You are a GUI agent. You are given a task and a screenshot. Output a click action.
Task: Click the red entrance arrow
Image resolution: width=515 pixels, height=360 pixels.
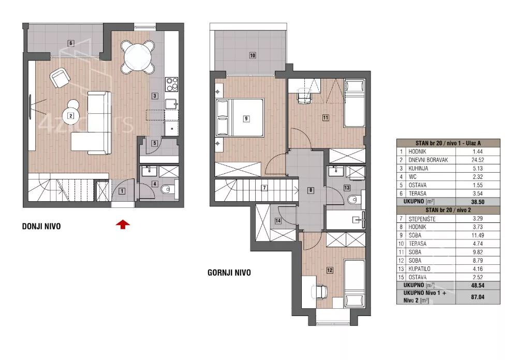[x=123, y=224]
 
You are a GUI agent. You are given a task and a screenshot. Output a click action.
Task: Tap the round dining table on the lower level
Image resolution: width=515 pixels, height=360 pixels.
[x=138, y=56]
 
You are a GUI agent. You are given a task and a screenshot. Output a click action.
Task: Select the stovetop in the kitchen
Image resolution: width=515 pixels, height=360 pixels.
[x=171, y=84]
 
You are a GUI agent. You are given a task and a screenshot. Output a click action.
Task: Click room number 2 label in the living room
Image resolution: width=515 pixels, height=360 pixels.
[x=70, y=115]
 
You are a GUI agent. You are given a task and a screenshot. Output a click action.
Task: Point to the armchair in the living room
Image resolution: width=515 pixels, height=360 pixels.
[x=60, y=78]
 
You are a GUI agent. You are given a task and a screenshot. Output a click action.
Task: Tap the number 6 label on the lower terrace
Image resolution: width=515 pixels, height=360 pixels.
[x=70, y=43]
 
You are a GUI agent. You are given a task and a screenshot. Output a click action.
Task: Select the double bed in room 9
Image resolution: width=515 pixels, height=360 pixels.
[x=240, y=117]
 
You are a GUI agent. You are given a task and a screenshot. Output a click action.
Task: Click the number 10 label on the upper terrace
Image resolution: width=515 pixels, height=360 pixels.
[x=252, y=55]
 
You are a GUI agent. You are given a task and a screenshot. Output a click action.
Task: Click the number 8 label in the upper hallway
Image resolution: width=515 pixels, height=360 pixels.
[x=311, y=190]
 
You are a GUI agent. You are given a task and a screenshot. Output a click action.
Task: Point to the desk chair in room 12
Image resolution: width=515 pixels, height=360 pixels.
[x=319, y=291]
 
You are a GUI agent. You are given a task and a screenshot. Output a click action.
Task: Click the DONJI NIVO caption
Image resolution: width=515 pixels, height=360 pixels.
[x=41, y=226]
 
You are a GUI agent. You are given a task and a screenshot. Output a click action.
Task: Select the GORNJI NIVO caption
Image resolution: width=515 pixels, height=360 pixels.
[x=229, y=273]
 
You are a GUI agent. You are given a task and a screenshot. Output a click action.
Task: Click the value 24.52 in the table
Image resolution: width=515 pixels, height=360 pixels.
[x=478, y=160]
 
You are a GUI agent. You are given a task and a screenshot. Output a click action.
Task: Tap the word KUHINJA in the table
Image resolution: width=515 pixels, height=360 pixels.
[x=418, y=168]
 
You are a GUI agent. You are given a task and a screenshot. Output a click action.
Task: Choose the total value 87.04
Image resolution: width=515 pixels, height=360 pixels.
[x=478, y=297]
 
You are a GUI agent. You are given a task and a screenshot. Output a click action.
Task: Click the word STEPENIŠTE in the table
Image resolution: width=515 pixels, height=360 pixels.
[x=422, y=219]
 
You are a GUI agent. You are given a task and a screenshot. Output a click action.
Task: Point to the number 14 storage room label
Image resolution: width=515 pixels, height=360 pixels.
[x=278, y=221]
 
